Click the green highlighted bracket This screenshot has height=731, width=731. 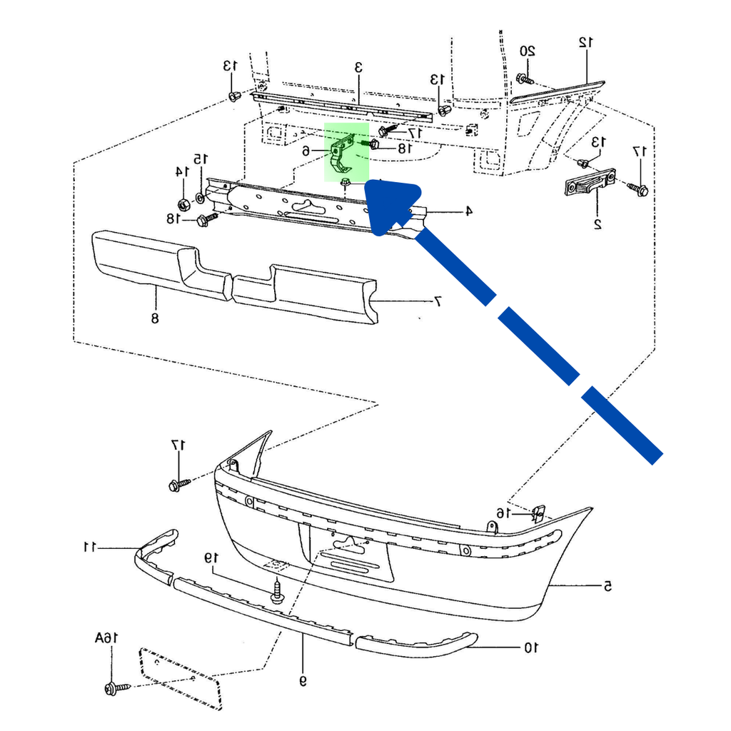point(346,151)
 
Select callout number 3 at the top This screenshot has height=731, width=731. point(359,67)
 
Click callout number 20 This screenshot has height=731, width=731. point(527,51)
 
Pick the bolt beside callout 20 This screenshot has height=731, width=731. point(525,79)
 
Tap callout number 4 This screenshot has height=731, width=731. point(469,211)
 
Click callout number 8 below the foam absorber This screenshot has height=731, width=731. point(155,318)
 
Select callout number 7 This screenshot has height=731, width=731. point(438,301)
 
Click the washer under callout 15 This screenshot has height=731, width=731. point(199,196)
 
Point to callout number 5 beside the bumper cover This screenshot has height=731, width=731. point(608,587)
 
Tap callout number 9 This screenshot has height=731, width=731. point(303,681)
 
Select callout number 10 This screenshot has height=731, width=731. point(530,648)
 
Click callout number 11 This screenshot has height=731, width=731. point(89,548)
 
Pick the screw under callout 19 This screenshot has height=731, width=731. point(278,593)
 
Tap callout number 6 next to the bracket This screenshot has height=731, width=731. point(306,151)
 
